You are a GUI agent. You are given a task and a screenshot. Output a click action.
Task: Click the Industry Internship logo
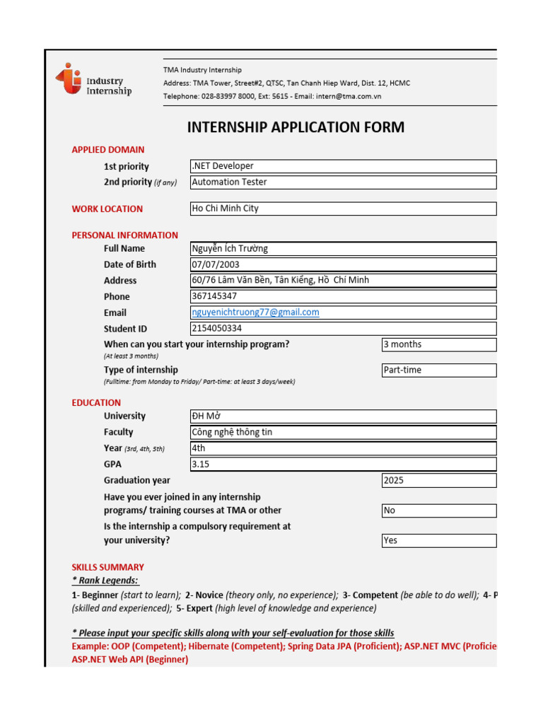(x=93, y=80)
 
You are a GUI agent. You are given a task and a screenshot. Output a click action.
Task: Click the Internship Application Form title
(x=296, y=127)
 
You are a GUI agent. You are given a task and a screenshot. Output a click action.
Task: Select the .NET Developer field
(x=343, y=166)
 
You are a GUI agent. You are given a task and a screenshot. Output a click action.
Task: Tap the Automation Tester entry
(x=343, y=182)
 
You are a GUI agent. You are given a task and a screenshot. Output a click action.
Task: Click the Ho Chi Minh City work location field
(x=343, y=209)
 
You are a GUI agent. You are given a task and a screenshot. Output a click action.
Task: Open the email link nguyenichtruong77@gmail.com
(x=256, y=313)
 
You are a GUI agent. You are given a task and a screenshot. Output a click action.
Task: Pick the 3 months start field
(x=438, y=345)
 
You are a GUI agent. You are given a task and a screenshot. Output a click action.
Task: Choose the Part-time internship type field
(x=438, y=370)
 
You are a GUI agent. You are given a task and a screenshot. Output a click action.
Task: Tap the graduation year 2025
(x=438, y=481)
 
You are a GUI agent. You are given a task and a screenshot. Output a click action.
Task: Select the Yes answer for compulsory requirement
(x=438, y=541)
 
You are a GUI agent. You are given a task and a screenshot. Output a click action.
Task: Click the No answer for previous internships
(x=438, y=510)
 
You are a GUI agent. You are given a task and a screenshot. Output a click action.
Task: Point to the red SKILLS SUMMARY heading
(x=107, y=567)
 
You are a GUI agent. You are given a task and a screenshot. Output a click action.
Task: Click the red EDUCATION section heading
(x=96, y=403)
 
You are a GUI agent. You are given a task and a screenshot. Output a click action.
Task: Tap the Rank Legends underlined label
(x=105, y=580)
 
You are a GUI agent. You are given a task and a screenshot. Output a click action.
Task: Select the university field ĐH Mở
(x=343, y=416)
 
